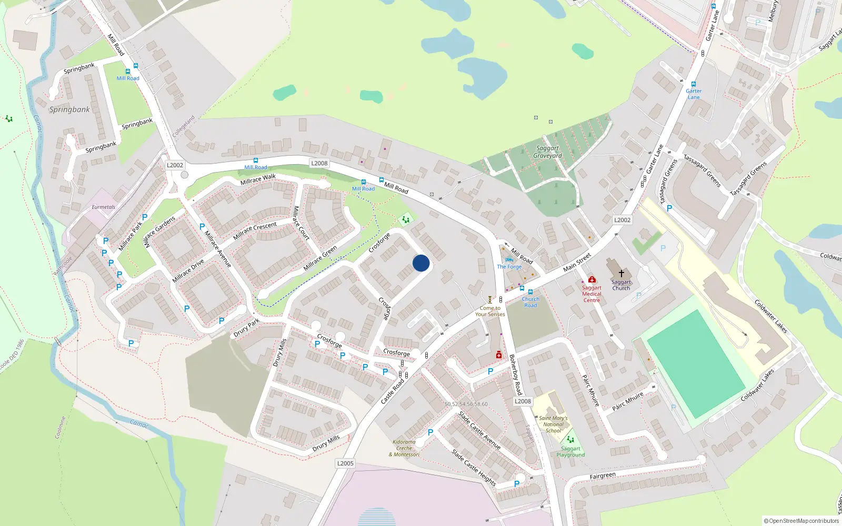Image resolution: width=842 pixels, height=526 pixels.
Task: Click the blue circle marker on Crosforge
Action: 421,263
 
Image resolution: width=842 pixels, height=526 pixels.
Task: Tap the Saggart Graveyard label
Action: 547,152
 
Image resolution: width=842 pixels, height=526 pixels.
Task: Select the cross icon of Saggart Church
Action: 621,274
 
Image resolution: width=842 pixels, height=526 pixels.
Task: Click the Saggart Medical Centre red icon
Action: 592,280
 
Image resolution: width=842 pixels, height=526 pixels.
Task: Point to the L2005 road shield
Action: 345,463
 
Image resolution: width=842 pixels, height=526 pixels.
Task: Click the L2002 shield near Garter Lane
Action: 622,220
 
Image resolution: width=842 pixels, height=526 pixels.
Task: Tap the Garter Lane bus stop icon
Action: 694,84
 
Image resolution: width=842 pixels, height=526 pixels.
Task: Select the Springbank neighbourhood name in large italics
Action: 69,110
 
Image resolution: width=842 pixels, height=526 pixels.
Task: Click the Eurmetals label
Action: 103,207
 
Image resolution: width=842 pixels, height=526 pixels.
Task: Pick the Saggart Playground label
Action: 570,452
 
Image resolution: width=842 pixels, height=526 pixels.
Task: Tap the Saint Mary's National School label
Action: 553,424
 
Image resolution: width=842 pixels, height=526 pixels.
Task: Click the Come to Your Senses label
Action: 490,311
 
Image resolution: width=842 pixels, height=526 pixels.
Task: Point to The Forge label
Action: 509,267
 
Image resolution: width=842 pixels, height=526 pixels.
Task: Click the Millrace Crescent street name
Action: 255,230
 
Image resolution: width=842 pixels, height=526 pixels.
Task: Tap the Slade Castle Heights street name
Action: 474,467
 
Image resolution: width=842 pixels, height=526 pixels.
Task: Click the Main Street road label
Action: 577,262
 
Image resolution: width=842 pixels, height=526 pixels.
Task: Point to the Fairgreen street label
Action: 603,476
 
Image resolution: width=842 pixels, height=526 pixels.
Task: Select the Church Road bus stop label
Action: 530,302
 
